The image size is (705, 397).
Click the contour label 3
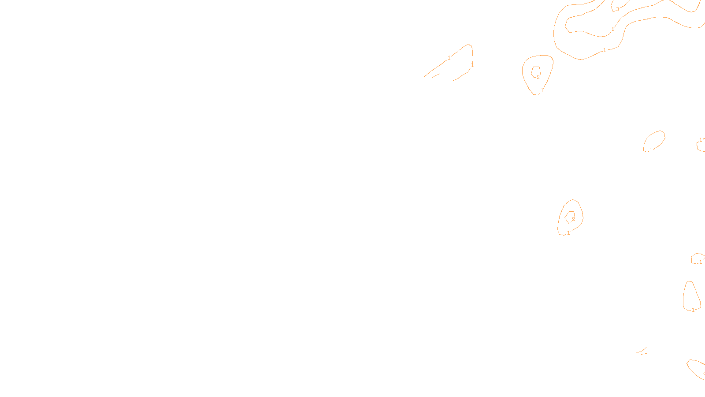click(x=617, y=9)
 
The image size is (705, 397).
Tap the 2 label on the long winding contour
click(x=612, y=29)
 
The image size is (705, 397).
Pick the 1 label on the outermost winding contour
click(x=605, y=50)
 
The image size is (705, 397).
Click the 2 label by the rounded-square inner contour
click(x=538, y=77)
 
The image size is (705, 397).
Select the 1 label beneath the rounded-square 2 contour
click(x=542, y=90)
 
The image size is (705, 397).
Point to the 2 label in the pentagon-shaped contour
click(x=573, y=219)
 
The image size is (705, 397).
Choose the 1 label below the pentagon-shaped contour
click(x=568, y=233)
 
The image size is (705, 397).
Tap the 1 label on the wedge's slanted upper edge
click(x=449, y=58)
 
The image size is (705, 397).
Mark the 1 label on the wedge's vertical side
click(x=472, y=65)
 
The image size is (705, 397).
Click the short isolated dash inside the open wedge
click(x=436, y=75)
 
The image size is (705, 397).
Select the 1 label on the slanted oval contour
click(x=651, y=150)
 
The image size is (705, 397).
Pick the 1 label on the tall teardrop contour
click(x=693, y=310)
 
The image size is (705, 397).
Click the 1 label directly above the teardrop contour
click(x=701, y=262)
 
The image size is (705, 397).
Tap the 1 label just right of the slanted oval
click(x=701, y=140)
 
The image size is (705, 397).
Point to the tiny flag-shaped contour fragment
click(x=643, y=351)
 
